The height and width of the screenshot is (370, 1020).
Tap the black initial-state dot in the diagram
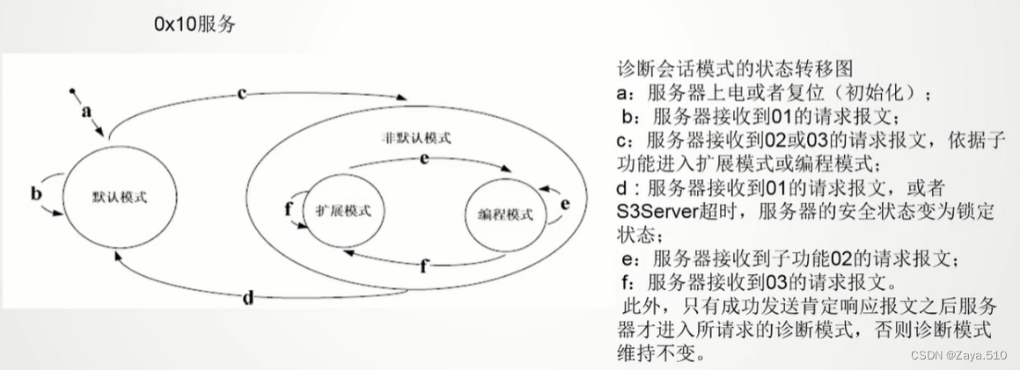(73, 91)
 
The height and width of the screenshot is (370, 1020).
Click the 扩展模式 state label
(343, 210)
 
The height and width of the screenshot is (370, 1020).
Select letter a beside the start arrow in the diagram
(86, 112)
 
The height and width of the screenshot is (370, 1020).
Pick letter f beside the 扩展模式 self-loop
(288, 209)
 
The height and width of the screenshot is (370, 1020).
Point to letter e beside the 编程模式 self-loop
(566, 204)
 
